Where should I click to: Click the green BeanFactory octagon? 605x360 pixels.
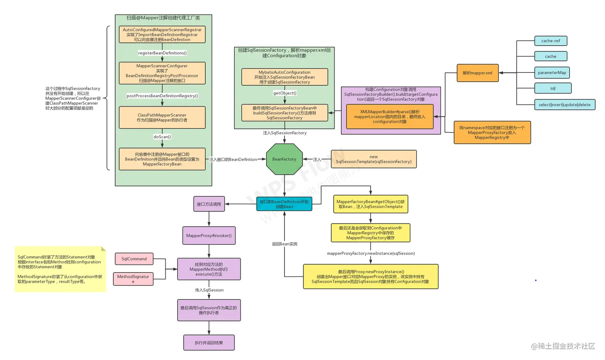pyautogui.click(x=284, y=159)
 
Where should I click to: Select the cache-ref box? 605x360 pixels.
pyautogui.click(x=551, y=41)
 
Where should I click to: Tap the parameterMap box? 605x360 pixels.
pyautogui.click(x=552, y=72)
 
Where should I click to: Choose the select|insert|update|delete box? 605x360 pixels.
pyautogui.click(x=564, y=105)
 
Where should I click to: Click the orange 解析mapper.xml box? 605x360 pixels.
pyautogui.click(x=477, y=73)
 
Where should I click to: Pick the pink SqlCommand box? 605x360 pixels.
pyautogui.click(x=134, y=259)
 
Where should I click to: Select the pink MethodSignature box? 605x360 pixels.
pyautogui.click(x=133, y=279)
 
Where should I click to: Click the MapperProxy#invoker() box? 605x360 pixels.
pyautogui.click(x=209, y=235)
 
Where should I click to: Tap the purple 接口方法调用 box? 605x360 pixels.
pyautogui.click(x=209, y=204)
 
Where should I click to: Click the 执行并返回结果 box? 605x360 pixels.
pyautogui.click(x=209, y=343)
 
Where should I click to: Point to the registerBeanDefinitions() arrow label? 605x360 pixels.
pyautogui.click(x=162, y=53)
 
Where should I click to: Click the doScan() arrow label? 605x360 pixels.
pyautogui.click(x=162, y=137)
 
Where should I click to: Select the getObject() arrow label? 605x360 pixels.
pyautogui.click(x=284, y=93)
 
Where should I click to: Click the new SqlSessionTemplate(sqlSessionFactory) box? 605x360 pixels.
pyautogui.click(x=373, y=159)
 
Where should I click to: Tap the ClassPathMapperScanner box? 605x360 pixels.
pyautogui.click(x=162, y=117)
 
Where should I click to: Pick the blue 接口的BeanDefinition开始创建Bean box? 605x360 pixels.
pyautogui.click(x=284, y=204)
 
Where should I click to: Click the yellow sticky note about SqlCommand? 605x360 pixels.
pyautogui.click(x=60, y=269)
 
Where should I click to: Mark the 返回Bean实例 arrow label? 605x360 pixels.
pyautogui.click(x=284, y=244)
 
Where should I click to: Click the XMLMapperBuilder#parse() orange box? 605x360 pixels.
pyautogui.click(x=389, y=117)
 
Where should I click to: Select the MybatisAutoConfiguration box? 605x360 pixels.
pyautogui.click(x=284, y=77)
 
